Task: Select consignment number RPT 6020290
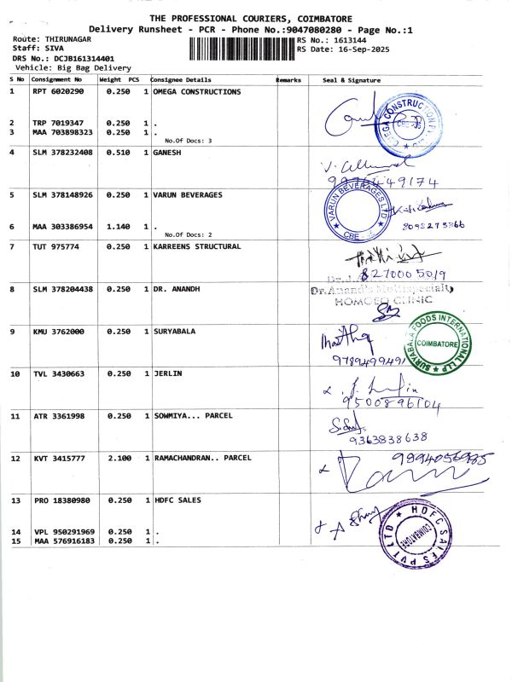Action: click(x=58, y=91)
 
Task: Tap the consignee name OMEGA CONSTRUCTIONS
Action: click(x=196, y=91)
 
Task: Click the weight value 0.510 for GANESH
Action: click(x=117, y=152)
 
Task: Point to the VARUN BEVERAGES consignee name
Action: click(x=187, y=194)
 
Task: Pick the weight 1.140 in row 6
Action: click(x=117, y=227)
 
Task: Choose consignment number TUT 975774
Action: click(x=53, y=246)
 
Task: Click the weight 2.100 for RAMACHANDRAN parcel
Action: click(x=117, y=458)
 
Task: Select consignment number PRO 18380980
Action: click(x=58, y=500)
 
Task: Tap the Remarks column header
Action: click(x=289, y=79)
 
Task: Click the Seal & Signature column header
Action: click(x=352, y=79)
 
